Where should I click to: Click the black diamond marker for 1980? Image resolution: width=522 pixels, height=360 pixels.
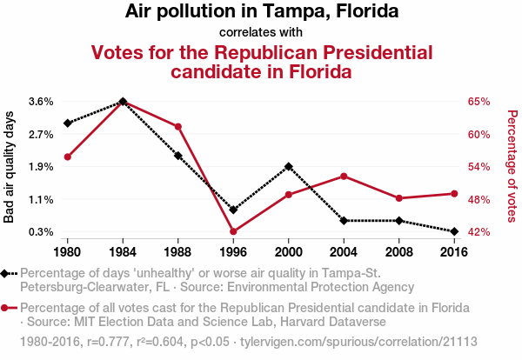(68, 123)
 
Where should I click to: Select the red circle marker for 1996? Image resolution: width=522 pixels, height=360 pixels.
(233, 231)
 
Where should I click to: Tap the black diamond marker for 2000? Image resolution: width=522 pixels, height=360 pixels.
(289, 166)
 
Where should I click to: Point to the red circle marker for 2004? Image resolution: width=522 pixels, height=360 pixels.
(344, 176)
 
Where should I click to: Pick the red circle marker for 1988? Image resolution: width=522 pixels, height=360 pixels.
(178, 127)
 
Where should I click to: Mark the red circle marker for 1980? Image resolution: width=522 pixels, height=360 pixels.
(68, 157)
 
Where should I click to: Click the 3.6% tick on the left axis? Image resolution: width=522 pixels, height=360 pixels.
(41, 101)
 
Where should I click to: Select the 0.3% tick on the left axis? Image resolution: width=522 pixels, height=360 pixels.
(41, 232)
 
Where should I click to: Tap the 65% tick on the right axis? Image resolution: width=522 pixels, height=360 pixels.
(479, 101)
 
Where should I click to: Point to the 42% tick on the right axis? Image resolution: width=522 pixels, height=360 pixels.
(479, 232)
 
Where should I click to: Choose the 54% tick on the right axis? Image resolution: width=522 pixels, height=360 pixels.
(479, 166)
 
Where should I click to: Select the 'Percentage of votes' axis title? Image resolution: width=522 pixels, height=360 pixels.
(512, 166)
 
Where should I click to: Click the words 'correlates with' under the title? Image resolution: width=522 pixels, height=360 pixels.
(261, 32)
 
